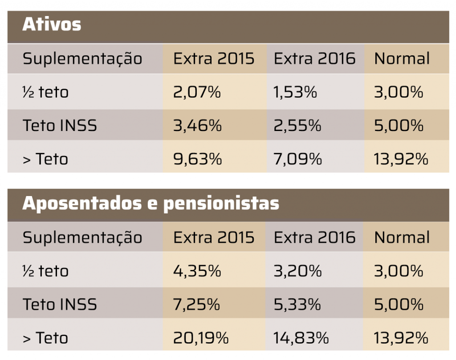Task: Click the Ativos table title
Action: click(x=52, y=24)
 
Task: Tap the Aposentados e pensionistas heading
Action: click(x=151, y=203)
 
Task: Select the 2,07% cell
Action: click(x=197, y=92)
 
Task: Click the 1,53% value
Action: click(x=295, y=92)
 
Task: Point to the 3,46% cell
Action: click(x=197, y=126)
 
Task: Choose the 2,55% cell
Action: click(x=297, y=126)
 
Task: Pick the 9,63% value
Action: click(x=197, y=159)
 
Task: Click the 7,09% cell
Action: click(x=297, y=159)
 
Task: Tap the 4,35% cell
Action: click(x=197, y=271)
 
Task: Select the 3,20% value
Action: click(x=297, y=271)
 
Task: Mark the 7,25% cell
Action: click(x=196, y=304)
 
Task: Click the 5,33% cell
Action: click(x=297, y=304)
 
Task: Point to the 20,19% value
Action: click(x=201, y=338)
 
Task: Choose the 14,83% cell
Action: click(x=301, y=338)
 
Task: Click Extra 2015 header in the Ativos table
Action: click(x=214, y=58)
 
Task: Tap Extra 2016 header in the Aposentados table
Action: click(x=314, y=237)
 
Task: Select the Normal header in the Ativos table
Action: click(x=402, y=58)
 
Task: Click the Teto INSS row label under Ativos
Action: click(x=60, y=126)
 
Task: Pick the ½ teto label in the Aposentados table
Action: click(x=45, y=271)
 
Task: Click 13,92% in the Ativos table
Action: click(x=401, y=159)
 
